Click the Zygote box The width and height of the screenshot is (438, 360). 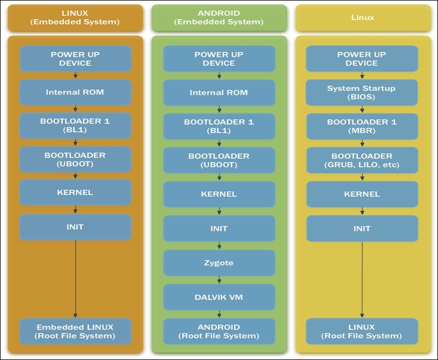click(219, 263)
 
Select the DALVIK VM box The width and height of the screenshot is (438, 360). click(219, 297)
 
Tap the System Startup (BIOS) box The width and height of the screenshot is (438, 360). click(361, 92)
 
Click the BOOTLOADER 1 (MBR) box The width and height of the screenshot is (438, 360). click(361, 126)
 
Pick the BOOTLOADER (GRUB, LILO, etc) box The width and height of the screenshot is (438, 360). click(361, 160)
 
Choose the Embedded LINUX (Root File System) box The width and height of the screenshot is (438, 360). click(76, 331)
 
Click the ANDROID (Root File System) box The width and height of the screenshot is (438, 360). click(219, 331)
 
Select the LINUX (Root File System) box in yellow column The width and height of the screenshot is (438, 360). click(361, 331)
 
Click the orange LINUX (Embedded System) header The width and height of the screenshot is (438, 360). click(76, 18)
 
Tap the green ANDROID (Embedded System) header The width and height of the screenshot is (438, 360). click(219, 18)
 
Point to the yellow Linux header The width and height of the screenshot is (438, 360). click(362, 18)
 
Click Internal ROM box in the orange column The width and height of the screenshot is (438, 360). click(76, 92)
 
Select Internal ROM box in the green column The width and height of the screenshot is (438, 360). click(219, 93)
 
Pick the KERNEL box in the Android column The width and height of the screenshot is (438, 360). click(219, 194)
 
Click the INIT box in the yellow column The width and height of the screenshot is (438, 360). click(361, 228)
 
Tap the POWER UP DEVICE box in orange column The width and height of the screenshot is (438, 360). click(76, 59)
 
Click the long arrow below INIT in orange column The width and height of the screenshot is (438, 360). click(76, 280)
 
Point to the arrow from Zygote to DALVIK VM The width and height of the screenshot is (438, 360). click(219, 280)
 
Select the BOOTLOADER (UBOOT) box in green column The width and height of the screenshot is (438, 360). click(219, 160)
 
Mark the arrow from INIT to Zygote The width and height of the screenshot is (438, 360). click(219, 245)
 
